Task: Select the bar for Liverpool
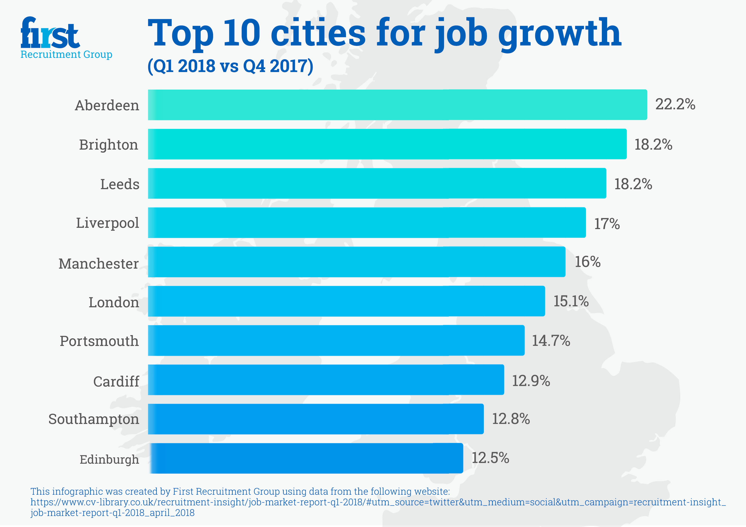pyautogui.click(x=366, y=222)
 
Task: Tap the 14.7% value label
pyautogui.click(x=551, y=341)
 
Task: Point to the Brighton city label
pyautogui.click(x=108, y=145)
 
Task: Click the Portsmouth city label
pyautogui.click(x=99, y=341)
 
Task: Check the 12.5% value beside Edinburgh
pyautogui.click(x=490, y=458)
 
